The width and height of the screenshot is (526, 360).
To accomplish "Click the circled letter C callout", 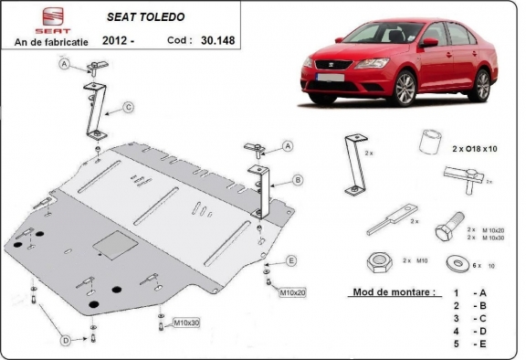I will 129,108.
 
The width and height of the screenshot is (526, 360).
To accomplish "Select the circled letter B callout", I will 298,179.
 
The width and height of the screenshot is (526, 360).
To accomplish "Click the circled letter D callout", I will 66,341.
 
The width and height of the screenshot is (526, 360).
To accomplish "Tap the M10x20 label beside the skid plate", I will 293,292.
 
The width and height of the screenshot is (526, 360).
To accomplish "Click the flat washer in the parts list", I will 454,264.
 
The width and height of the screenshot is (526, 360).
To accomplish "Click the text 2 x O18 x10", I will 475,148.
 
